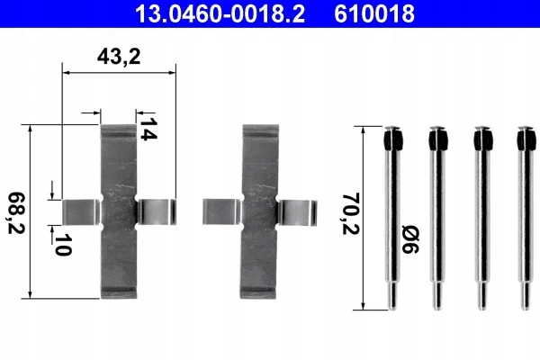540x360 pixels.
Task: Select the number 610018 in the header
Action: [376, 13]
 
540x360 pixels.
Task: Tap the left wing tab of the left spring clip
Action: [82, 210]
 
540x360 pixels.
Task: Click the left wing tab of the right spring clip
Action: [221, 211]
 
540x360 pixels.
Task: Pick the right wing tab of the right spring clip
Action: [294, 211]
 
